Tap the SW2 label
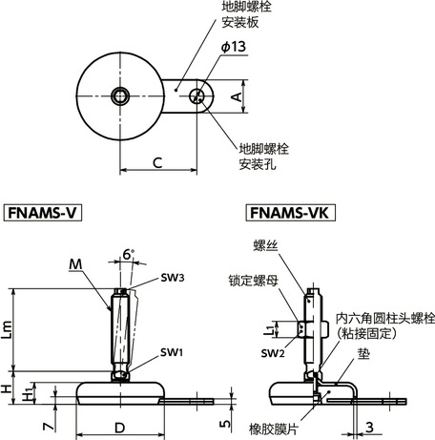click(273, 354)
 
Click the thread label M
click(75, 263)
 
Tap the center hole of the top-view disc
click(120, 95)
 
